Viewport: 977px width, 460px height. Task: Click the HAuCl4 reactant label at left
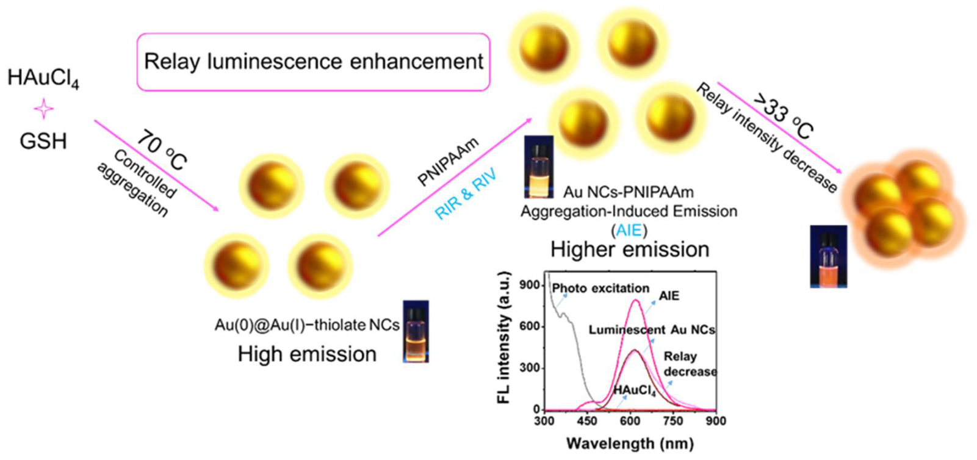[x=43, y=79]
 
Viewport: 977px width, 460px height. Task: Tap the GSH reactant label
[x=43, y=142]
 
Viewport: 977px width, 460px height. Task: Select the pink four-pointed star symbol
[x=43, y=110]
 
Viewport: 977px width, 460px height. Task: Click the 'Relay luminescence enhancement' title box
[x=313, y=62]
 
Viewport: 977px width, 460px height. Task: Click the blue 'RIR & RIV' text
[x=465, y=195]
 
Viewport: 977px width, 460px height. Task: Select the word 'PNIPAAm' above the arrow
[x=447, y=162]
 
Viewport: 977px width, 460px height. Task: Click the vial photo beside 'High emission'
[x=416, y=331]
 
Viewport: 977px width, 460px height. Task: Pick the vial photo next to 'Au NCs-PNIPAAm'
[x=539, y=167]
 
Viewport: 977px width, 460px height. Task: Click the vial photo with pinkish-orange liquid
[x=828, y=256]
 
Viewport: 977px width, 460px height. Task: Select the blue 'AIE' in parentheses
[x=629, y=231]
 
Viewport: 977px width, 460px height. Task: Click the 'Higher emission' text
[x=629, y=250]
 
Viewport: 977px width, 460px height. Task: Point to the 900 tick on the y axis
[x=529, y=285]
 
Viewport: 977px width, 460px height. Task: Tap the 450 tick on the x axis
[x=586, y=421]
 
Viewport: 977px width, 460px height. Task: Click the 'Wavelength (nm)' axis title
[x=629, y=444]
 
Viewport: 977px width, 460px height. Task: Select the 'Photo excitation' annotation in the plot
[x=600, y=288]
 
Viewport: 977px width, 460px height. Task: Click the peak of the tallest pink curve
[x=636, y=300]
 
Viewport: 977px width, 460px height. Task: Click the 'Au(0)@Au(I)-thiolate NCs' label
[x=306, y=325]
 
